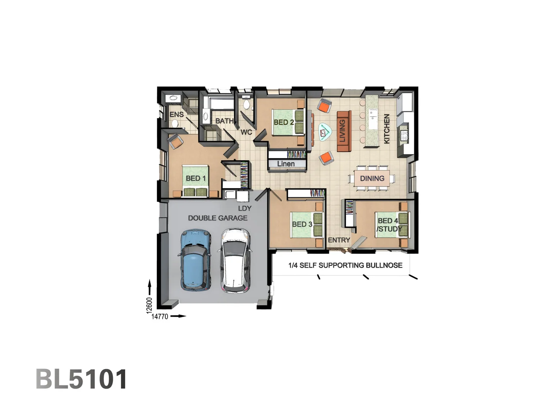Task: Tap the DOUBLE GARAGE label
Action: pos(217,218)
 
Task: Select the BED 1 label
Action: pos(196,178)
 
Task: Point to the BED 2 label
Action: pos(284,122)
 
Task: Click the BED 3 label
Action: pos(302,224)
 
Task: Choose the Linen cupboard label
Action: pos(286,164)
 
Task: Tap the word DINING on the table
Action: pos(372,178)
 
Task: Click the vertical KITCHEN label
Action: pos(386,128)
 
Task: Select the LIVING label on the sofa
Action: pos(342,130)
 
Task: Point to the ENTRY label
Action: pos(339,240)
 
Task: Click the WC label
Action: pos(246,132)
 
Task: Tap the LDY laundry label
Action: pos(245,208)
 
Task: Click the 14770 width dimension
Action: pos(160,316)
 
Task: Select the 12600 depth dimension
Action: pos(149,305)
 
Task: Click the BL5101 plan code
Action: pos(81,379)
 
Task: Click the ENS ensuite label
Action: pos(176,114)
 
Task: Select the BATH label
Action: pos(224,121)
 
